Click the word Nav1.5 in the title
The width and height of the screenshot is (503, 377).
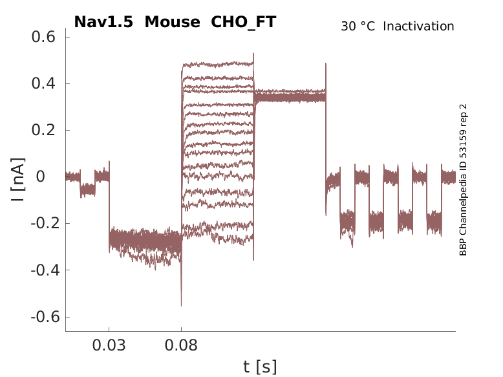(x=105, y=22)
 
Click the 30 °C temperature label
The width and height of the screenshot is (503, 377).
(x=358, y=27)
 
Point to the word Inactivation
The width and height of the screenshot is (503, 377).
(x=418, y=27)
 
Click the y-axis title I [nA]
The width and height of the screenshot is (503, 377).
(x=18, y=178)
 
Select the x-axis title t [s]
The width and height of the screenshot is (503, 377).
(x=260, y=367)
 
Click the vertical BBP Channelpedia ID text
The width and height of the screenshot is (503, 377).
(x=463, y=180)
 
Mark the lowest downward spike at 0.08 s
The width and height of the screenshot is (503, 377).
(x=181, y=305)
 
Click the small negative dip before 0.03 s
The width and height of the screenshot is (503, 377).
(x=87, y=190)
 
